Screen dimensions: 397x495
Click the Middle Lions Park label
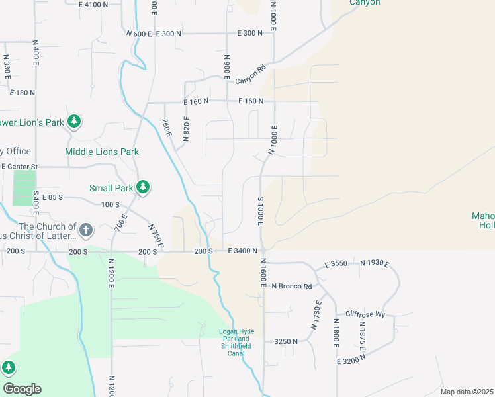[102, 152]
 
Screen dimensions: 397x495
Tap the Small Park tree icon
[142, 188]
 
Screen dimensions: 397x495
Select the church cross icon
[85, 230]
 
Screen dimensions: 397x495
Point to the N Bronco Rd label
[291, 286]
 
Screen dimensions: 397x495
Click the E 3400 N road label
[242, 251]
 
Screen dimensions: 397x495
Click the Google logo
[22, 389]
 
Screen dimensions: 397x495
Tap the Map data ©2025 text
[467, 392]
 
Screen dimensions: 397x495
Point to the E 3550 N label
[340, 264]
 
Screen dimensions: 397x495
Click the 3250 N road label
[287, 341]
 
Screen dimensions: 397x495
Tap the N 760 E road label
[167, 128]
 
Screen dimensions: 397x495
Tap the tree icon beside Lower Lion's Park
[75, 122]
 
